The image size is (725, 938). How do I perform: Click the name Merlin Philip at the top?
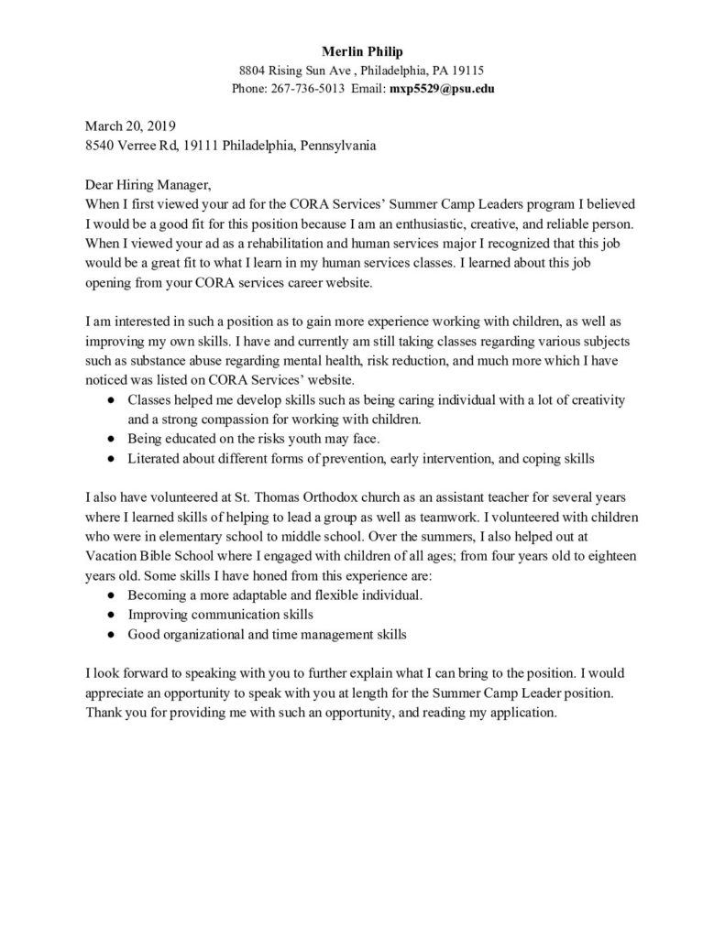click(x=361, y=49)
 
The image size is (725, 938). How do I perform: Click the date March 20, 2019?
click(x=130, y=125)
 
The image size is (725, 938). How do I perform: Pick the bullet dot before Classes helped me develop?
click(x=111, y=401)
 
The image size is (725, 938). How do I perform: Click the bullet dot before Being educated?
click(x=111, y=440)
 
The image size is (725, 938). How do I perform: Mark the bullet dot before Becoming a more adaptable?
click(x=111, y=595)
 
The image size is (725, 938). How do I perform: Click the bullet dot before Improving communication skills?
click(x=111, y=615)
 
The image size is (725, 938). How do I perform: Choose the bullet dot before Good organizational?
click(x=111, y=634)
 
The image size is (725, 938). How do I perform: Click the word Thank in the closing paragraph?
click(x=104, y=712)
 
